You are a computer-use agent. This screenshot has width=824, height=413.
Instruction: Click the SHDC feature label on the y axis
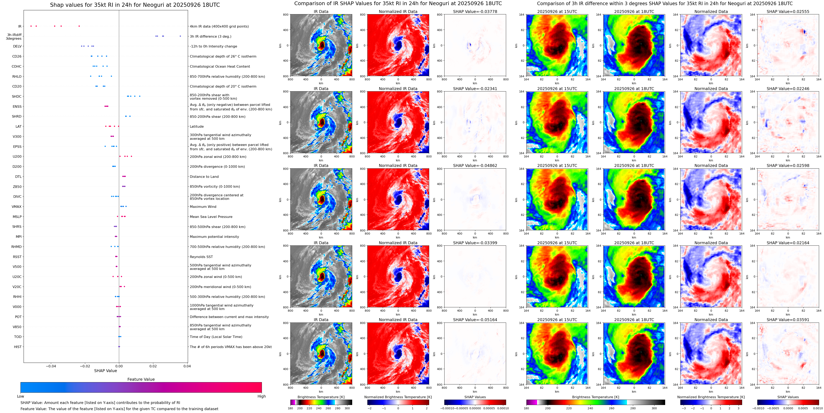[x=17, y=96]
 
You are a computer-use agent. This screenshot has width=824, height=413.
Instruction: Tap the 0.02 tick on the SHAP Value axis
[x=153, y=366]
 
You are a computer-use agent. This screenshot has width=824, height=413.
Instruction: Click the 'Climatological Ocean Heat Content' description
[x=220, y=67]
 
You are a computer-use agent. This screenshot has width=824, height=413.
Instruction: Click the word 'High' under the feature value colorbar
[x=261, y=396]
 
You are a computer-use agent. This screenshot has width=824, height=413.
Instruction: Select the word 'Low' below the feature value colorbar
[x=21, y=396]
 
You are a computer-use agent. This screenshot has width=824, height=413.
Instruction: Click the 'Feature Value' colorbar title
[x=141, y=379]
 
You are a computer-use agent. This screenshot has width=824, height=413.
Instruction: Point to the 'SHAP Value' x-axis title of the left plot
[x=105, y=371]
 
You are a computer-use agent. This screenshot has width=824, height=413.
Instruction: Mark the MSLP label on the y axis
[x=17, y=217]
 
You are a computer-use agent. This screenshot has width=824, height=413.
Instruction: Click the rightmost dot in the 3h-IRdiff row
[x=180, y=36]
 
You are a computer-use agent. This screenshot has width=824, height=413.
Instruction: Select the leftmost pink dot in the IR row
[x=31, y=26]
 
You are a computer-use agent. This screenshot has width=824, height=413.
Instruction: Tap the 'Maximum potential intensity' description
[x=214, y=237]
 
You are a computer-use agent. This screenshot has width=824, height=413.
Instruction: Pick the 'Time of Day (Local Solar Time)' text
[x=216, y=337]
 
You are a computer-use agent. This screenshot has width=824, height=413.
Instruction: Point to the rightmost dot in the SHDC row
[x=140, y=96]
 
